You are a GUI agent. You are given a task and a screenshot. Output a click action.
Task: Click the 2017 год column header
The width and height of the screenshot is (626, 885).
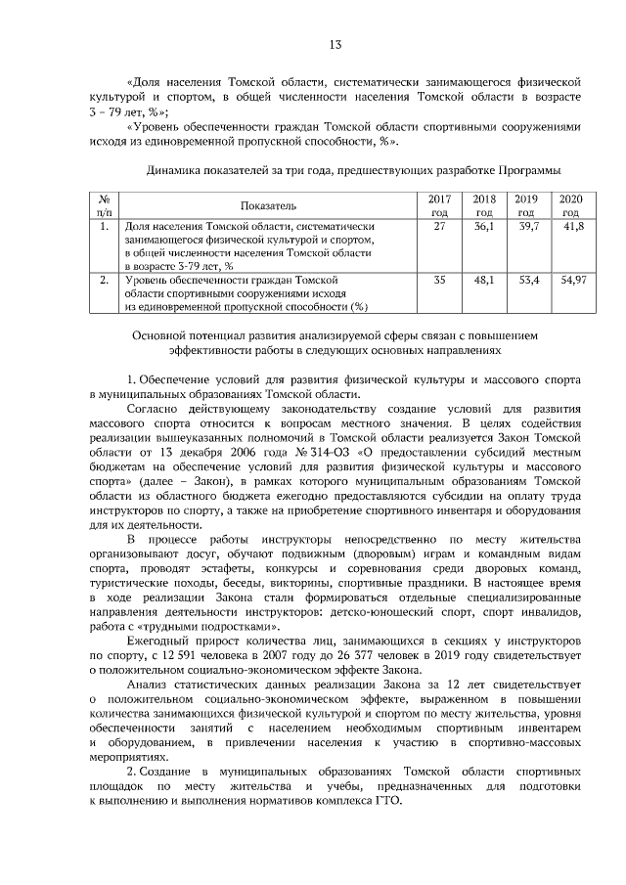(439, 204)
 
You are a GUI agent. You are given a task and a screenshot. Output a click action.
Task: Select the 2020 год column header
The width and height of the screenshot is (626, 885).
(570, 204)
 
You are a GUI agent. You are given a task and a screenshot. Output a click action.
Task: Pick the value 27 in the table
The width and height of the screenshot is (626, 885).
(439, 226)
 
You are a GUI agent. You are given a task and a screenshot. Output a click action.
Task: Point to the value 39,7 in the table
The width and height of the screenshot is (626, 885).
(528, 226)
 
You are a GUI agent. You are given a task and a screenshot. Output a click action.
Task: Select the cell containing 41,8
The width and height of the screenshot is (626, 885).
(571, 226)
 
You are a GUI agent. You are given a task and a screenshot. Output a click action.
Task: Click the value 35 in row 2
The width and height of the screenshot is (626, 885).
(439, 280)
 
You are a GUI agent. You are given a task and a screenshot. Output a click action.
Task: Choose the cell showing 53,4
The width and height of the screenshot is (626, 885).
(528, 280)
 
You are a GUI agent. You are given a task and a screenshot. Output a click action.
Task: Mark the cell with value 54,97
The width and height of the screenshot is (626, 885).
(571, 280)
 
